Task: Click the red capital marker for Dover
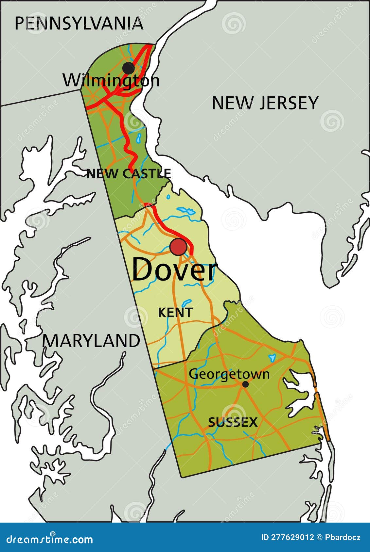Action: (x=178, y=247)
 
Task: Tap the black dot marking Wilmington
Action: (x=129, y=68)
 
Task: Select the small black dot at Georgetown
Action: (x=245, y=384)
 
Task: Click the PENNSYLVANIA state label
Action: (x=79, y=24)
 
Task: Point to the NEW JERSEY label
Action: (x=265, y=103)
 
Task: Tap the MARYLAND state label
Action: (x=91, y=341)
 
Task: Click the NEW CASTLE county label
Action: (x=129, y=174)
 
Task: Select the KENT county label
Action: (x=175, y=313)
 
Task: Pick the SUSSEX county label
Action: (x=233, y=423)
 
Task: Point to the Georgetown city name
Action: (x=229, y=374)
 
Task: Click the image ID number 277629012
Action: (x=292, y=537)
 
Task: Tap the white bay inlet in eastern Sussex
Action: (x=299, y=392)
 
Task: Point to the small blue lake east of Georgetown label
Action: (x=272, y=358)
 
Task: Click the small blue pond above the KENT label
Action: (x=186, y=303)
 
